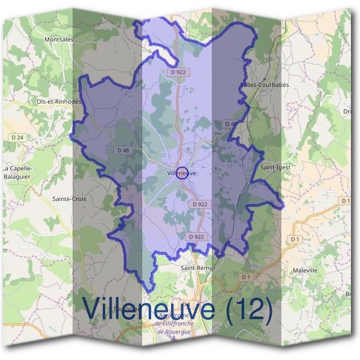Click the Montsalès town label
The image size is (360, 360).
click(59, 40)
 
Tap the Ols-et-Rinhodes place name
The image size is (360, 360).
click(59, 101)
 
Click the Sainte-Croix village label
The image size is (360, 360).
click(70, 199)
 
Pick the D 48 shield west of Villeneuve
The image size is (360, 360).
click(124, 150)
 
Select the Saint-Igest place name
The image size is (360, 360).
click(275, 167)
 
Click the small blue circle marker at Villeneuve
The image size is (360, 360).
click(183, 173)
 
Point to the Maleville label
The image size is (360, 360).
click(305, 271)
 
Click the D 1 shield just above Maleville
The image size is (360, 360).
click(295, 239)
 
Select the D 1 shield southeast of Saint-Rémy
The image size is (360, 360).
click(246, 277)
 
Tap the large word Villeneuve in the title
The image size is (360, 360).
click(150, 308)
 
